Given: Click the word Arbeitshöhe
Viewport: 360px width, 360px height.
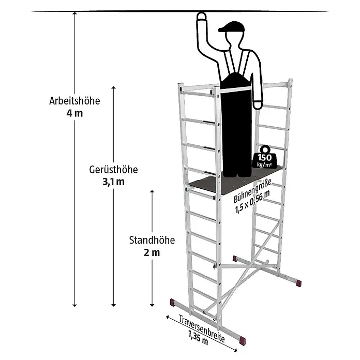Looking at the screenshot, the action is click(x=74, y=101).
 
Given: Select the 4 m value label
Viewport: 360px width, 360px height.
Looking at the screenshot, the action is click(x=74, y=113).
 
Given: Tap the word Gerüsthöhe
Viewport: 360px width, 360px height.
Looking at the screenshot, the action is click(x=113, y=170).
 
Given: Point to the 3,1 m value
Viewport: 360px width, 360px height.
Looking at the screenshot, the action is click(x=113, y=182).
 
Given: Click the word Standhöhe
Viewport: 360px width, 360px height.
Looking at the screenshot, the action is click(x=152, y=240).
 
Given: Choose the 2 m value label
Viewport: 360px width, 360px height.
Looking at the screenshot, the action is click(x=152, y=253).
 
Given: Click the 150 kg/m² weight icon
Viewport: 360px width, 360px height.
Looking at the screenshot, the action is click(x=264, y=157).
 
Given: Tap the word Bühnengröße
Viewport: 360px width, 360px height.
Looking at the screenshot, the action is click(x=252, y=191).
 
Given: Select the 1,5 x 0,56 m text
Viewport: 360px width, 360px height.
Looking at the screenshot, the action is click(x=252, y=202).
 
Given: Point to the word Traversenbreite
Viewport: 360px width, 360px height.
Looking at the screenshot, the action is click(x=202, y=328).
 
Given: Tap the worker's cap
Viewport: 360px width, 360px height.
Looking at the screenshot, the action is click(x=231, y=27).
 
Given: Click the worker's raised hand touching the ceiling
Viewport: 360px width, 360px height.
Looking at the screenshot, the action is click(x=201, y=17).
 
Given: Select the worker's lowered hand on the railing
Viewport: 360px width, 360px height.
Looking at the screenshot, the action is click(x=258, y=104).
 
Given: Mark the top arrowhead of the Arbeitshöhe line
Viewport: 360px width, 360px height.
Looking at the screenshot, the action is click(x=74, y=13).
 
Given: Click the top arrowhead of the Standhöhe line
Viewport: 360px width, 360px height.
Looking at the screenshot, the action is click(x=152, y=191).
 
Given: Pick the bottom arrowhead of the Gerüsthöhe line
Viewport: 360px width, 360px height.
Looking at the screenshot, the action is click(x=113, y=305).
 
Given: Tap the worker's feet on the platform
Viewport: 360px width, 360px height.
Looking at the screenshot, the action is click(x=237, y=175).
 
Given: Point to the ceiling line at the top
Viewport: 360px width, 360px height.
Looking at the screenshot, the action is click(x=180, y=11).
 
